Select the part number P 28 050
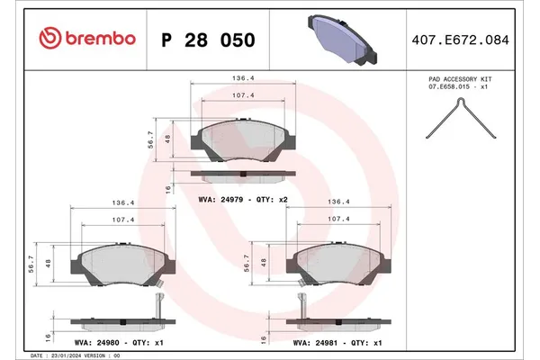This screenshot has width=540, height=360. point(207,40)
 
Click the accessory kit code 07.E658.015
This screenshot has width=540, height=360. point(460,87)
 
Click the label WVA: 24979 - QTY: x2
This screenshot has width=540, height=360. point(241,199)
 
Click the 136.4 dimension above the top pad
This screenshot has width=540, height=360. point(241,78)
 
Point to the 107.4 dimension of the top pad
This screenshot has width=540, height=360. point(241,94)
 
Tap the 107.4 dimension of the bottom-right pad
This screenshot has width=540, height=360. point(338,219)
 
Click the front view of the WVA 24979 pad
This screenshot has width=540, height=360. point(240,139)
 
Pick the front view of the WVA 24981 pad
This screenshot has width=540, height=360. point(337,264)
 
